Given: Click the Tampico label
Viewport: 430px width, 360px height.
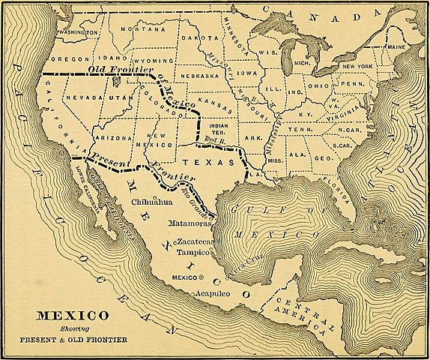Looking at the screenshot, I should click(x=192, y=253).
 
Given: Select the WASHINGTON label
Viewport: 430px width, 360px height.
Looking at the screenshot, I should click(x=78, y=34).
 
